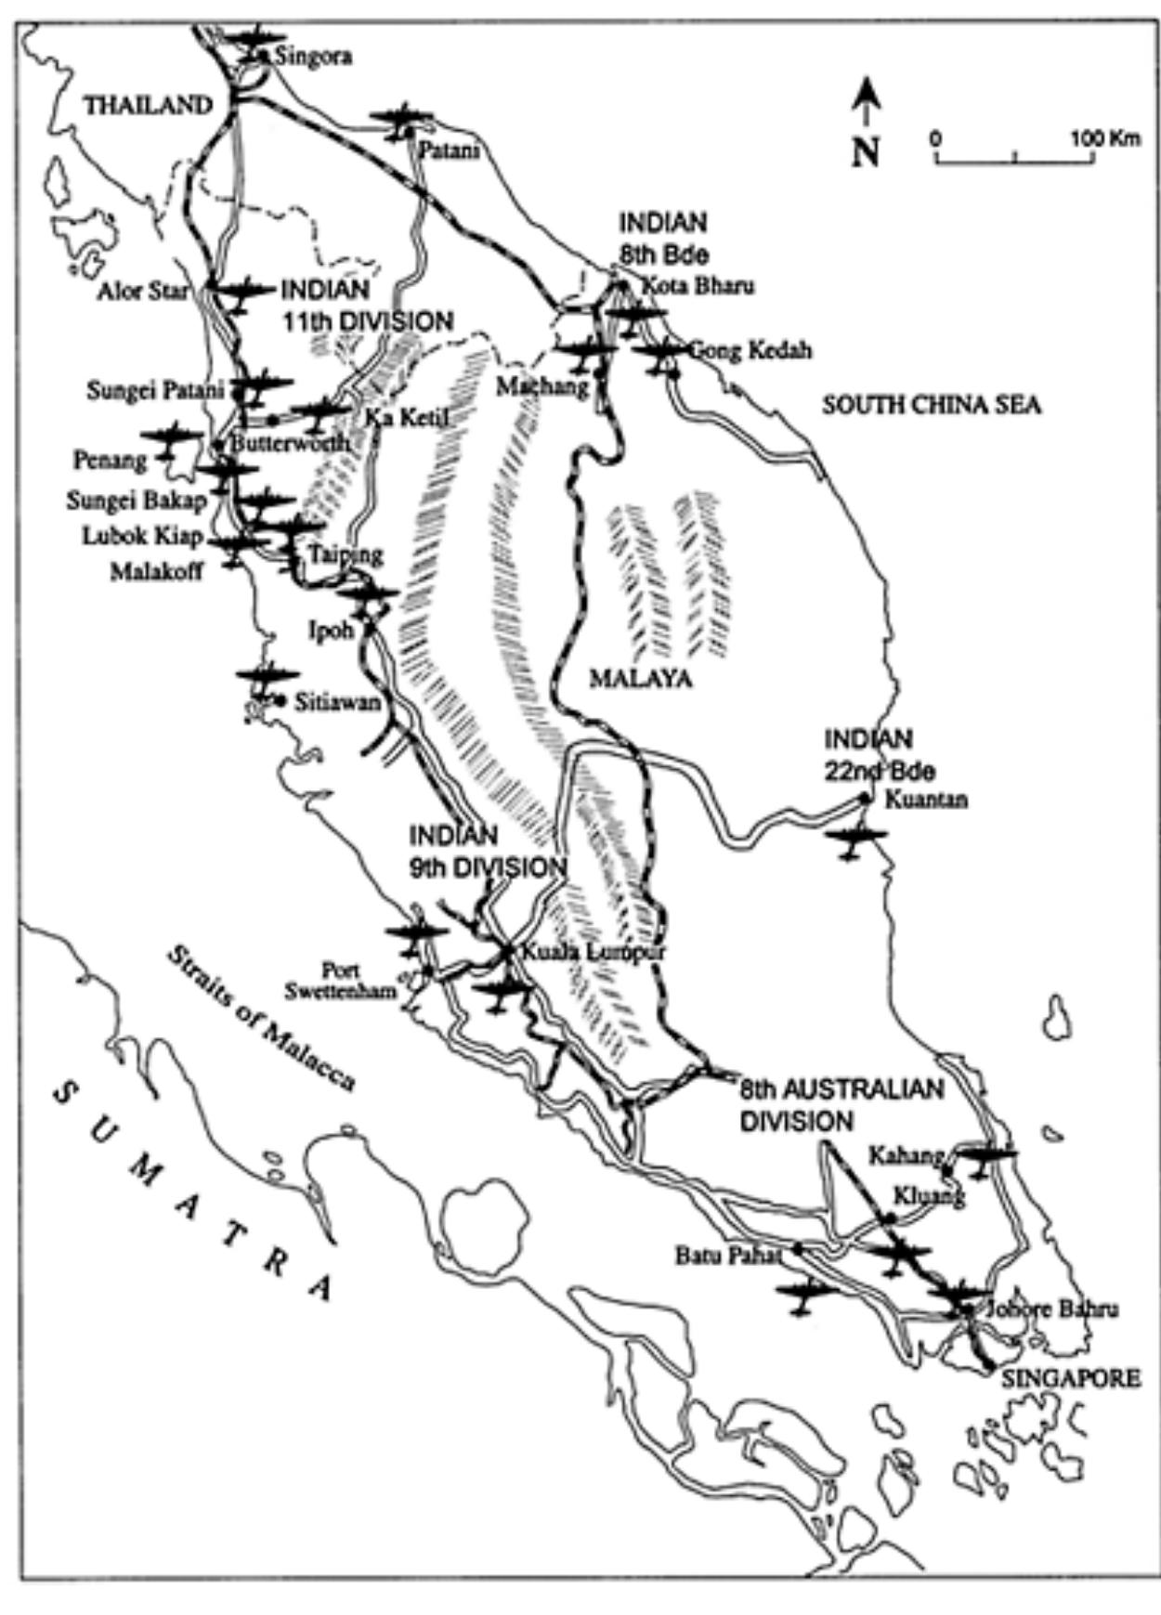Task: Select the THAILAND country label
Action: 149,105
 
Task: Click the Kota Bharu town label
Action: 697,285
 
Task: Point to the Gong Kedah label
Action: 750,350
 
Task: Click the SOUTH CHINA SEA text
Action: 932,404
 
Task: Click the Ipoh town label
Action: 332,631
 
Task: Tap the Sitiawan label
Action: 337,702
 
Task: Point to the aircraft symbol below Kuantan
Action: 855,837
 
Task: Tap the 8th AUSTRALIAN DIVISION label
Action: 841,1105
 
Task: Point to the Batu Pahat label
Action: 728,1255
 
